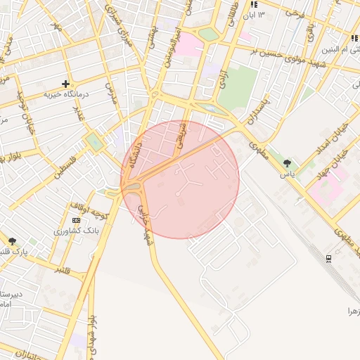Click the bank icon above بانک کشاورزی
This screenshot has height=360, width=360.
[76, 220]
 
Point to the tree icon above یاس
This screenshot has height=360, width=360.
[286, 164]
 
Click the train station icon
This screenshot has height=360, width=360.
[328, 258]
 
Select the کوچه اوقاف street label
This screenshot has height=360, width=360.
[88, 209]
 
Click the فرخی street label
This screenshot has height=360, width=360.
[294, 12]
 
